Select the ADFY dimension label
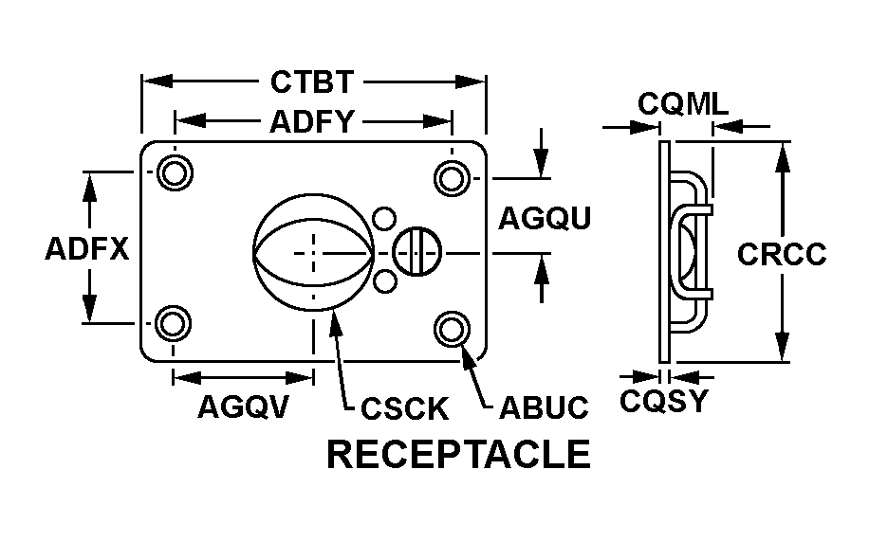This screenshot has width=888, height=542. click(x=312, y=122)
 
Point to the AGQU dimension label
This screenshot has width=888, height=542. click(x=545, y=219)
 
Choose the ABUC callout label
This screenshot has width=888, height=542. click(x=544, y=408)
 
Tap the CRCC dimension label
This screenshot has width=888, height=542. click(x=782, y=254)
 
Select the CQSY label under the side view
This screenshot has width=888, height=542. click(x=664, y=402)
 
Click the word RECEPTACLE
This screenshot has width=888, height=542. click(x=458, y=455)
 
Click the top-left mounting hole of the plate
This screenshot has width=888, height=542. click(x=173, y=173)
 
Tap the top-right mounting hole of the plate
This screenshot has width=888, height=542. click(x=452, y=174)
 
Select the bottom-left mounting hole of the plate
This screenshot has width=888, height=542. click(x=172, y=324)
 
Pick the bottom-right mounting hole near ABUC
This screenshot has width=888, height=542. click(x=452, y=328)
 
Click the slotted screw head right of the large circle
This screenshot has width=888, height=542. click(x=416, y=251)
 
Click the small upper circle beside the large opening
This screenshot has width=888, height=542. click(x=383, y=219)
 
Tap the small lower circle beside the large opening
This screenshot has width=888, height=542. click(x=383, y=281)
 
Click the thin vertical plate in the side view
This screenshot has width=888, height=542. click(x=664, y=251)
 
